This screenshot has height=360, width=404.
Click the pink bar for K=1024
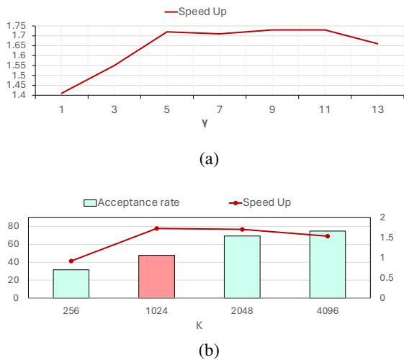tap(157, 276)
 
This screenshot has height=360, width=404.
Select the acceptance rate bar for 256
tap(71, 284)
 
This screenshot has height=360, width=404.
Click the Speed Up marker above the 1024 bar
tap(157, 228)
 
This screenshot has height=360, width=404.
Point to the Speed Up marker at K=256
tap(71, 261)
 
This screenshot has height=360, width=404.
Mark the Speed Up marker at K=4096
tap(328, 236)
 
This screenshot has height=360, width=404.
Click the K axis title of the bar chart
tap(199, 325)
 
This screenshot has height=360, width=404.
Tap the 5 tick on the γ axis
tap(147, 112)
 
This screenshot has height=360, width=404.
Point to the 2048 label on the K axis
tap(242, 311)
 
